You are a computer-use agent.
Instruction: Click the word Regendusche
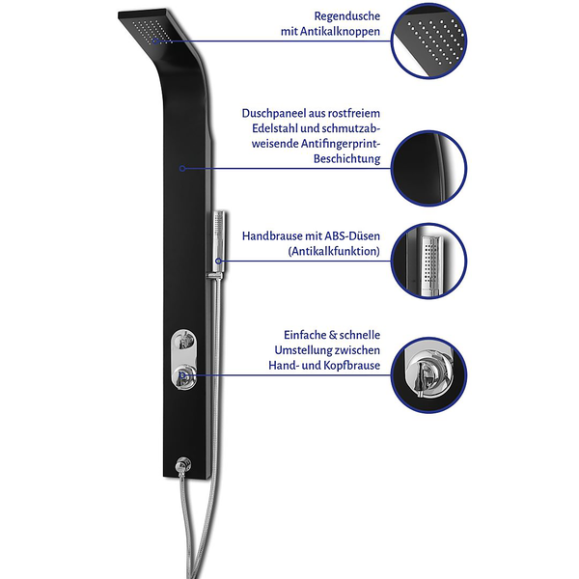click(x=347, y=16)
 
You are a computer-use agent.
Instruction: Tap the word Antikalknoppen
click(x=340, y=32)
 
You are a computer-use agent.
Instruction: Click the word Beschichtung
click(x=347, y=159)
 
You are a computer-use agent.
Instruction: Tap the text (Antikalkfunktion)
click(x=334, y=252)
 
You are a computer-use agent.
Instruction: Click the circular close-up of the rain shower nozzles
click(x=428, y=41)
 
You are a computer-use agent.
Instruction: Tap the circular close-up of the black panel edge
click(x=428, y=168)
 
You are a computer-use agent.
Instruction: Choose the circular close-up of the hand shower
click(x=428, y=262)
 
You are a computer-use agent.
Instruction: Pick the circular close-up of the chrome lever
click(x=428, y=375)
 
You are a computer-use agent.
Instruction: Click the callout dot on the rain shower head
click(x=155, y=41)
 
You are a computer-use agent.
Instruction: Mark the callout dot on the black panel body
click(x=182, y=168)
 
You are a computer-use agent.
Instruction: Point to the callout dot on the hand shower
click(x=218, y=262)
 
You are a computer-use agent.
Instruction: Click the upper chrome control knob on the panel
click(x=182, y=341)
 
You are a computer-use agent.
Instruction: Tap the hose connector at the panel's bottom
click(x=182, y=465)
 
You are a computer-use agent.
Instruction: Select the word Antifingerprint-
click(x=341, y=144)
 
